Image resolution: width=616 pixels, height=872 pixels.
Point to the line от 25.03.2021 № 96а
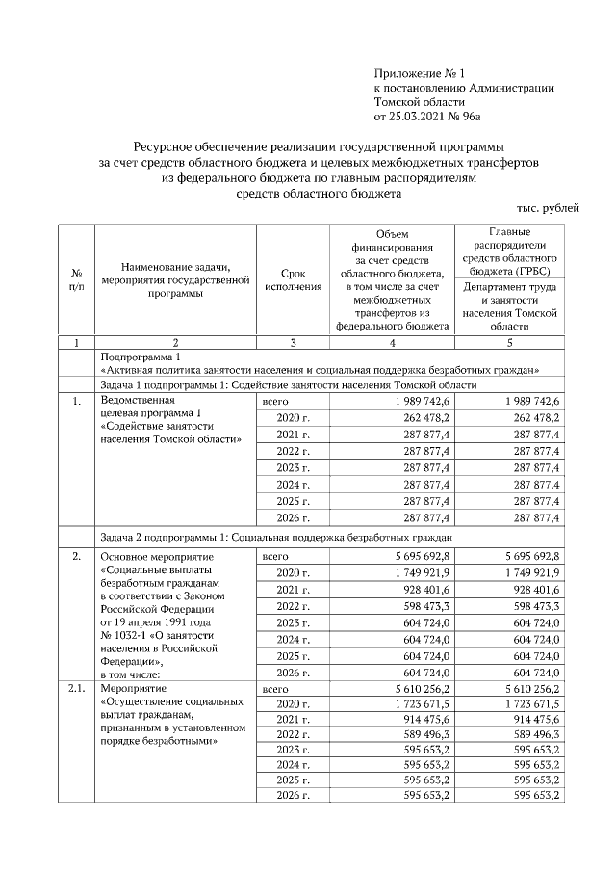(425, 117)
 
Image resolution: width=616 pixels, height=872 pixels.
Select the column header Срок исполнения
(293, 279)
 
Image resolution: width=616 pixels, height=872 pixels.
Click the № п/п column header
(75, 279)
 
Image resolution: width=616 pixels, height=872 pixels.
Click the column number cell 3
(293, 342)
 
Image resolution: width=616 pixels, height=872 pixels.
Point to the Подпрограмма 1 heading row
(135, 356)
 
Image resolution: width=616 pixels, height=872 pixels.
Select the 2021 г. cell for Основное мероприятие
(293, 589)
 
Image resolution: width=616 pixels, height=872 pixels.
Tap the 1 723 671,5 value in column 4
(420, 707)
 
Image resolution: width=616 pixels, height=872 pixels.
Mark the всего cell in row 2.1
(276, 690)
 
